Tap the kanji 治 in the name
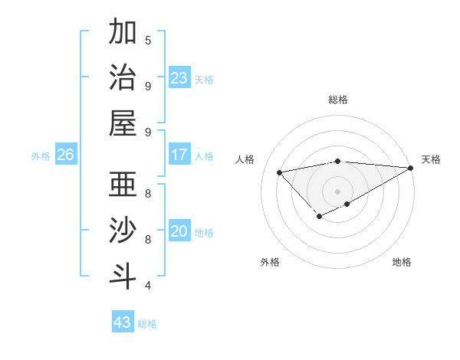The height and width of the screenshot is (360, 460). [123, 79]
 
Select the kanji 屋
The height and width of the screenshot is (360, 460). [123, 125]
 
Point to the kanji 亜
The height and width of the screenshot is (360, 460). [123, 186]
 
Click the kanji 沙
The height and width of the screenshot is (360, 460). [123, 232]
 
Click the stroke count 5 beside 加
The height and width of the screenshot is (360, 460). [148, 40]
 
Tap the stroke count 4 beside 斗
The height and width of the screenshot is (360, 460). [148, 286]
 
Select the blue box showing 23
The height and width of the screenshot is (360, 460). [179, 78]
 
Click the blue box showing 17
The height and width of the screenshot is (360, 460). [179, 155]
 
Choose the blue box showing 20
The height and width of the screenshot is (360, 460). [179, 231]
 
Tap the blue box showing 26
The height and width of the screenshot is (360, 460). [65, 155]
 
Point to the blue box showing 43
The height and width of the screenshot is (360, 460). [122, 322]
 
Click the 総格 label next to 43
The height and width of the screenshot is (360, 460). [148, 324]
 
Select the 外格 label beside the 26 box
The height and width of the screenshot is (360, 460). [41, 156]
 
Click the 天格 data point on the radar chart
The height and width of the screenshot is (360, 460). [410, 168]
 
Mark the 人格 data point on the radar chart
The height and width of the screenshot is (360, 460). [280, 172]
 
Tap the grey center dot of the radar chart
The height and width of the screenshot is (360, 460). [337, 191]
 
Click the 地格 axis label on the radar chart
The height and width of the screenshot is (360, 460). [402, 262]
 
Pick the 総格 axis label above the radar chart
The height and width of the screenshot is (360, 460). [337, 100]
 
